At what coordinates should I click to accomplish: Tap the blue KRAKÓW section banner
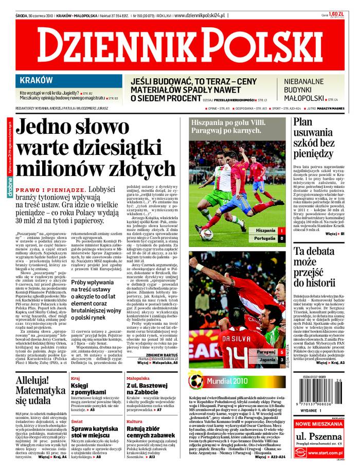tap(36, 80)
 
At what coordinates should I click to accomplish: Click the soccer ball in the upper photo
tap(206, 234)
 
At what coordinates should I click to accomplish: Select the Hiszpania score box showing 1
tap(282, 230)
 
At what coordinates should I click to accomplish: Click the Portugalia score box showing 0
tap(282, 238)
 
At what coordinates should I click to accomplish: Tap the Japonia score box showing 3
tap(282, 360)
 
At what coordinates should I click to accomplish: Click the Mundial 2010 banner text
tap(227, 381)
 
